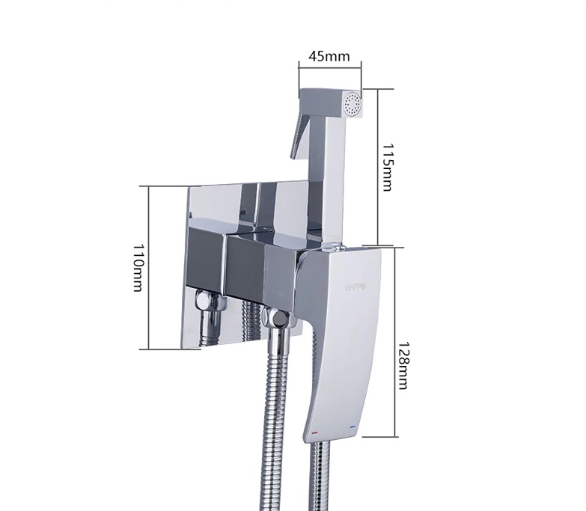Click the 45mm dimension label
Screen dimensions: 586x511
(x=329, y=56)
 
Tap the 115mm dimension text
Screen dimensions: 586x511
(x=387, y=167)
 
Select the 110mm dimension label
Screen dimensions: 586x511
(x=138, y=268)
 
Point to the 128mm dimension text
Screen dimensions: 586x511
(x=403, y=366)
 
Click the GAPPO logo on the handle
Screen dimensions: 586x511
(x=355, y=287)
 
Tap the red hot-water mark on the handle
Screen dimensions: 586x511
(x=314, y=433)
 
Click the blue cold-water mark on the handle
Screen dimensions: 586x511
(x=352, y=426)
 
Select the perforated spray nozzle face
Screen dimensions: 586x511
(x=352, y=102)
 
